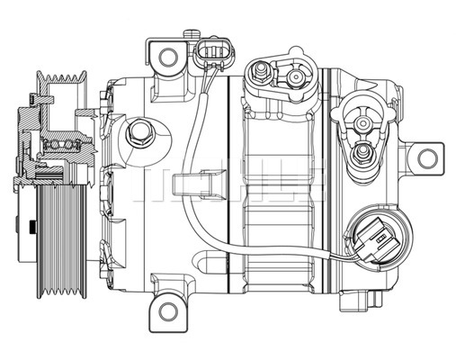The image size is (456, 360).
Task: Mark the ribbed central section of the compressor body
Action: tap(279, 207)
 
